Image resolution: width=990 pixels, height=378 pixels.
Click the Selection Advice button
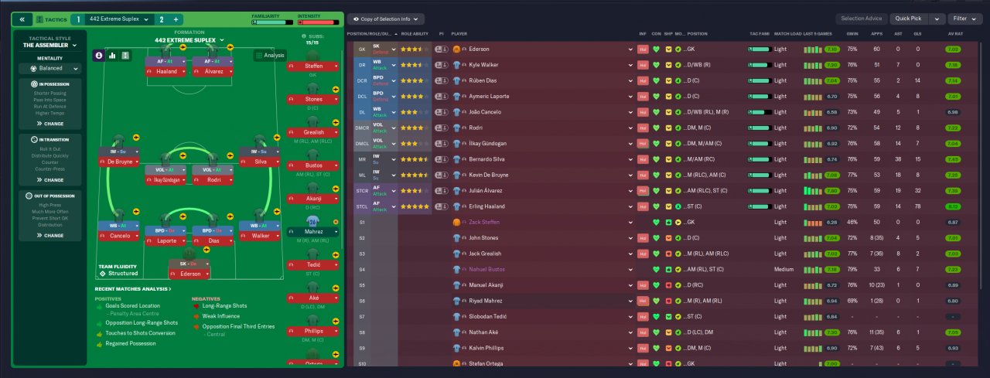click(862, 19)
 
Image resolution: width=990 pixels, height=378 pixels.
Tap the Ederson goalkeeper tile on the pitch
click(189, 274)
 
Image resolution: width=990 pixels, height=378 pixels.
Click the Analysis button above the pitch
click(270, 55)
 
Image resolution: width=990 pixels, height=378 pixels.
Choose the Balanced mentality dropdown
click(50, 68)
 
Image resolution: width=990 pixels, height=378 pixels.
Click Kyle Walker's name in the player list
click(486, 65)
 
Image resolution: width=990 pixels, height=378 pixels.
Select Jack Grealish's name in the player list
click(485, 254)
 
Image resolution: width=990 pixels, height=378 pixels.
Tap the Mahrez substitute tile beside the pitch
click(313, 232)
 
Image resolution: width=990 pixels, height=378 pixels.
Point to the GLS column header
click(918, 34)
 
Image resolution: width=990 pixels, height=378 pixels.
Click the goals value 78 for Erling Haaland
click(918, 206)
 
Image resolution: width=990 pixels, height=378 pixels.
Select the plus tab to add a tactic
click(176, 19)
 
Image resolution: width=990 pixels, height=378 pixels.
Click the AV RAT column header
click(956, 34)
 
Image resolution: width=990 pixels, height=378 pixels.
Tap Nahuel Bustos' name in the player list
click(488, 269)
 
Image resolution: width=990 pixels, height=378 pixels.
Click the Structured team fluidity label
click(123, 274)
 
